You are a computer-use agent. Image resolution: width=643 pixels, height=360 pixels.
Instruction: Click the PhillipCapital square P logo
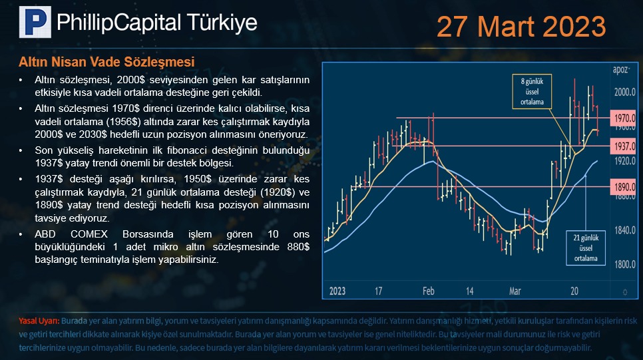[35, 22]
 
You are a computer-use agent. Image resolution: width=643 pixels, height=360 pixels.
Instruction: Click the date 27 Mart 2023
[521, 27]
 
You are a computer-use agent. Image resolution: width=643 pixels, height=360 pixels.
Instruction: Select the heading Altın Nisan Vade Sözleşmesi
[107, 62]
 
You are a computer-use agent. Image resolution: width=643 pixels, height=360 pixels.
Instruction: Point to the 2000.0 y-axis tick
[624, 91]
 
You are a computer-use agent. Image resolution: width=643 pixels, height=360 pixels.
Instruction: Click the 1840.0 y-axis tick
[624, 230]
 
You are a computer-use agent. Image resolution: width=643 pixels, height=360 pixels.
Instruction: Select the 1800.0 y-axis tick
[624, 264]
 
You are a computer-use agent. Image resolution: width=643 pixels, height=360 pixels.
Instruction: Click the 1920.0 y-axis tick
[624, 161]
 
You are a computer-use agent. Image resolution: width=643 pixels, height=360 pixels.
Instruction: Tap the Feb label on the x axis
[428, 291]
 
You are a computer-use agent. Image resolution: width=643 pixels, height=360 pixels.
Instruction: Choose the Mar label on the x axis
[515, 291]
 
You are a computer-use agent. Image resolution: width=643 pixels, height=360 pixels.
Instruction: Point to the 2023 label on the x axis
[337, 291]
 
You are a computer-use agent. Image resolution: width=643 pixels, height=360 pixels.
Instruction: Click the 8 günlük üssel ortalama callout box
[532, 91]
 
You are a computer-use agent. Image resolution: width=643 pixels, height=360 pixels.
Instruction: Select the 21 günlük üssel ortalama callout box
[586, 248]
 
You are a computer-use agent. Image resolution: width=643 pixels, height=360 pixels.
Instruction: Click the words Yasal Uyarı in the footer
[39, 321]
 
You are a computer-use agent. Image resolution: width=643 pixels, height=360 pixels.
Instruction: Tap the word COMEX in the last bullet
[89, 234]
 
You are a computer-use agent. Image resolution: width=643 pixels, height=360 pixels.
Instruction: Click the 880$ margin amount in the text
[298, 247]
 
